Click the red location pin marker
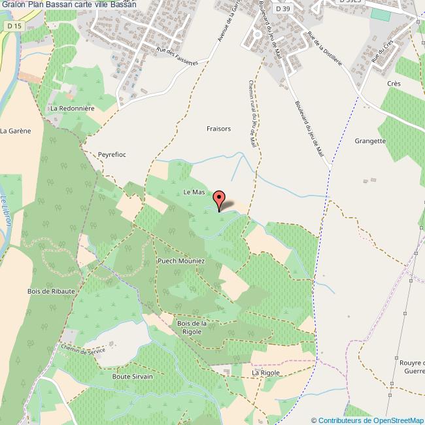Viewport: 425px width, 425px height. pos(219,200)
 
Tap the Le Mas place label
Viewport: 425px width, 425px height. pos(194,192)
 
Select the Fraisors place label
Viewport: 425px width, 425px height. pos(218,129)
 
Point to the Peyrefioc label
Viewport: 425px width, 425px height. pos(112,154)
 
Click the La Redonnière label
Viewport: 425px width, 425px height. pos(73,108)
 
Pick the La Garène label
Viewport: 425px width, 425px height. pos(16,131)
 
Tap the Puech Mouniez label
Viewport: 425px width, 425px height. pos(181,262)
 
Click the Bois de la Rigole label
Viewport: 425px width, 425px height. pos(192,328)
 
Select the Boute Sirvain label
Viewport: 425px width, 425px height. pos(133,377)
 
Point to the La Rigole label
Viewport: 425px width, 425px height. pos(266,373)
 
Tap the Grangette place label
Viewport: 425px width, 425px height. pos(370,141)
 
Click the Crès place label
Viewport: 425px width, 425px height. pos(394,84)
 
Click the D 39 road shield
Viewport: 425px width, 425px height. pos(282,9)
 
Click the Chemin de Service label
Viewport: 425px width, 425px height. pos(83,351)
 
